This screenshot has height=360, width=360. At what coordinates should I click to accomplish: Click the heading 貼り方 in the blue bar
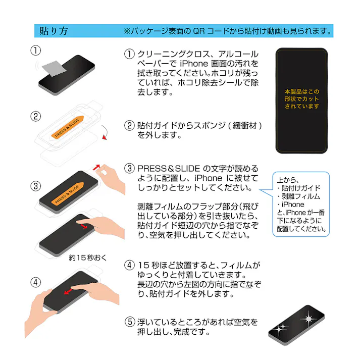click(54, 31)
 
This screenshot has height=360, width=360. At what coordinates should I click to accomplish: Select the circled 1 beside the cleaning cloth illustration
click(35, 50)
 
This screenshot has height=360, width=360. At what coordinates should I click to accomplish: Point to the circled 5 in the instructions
click(130, 322)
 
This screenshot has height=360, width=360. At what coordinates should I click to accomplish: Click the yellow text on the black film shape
click(301, 99)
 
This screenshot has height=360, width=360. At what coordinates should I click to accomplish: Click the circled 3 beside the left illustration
click(35, 185)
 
